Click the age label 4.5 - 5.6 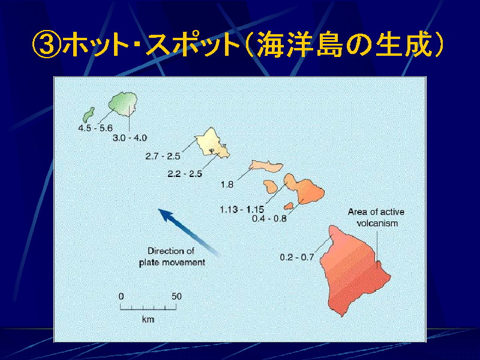click(95, 128)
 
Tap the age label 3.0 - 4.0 click(130, 138)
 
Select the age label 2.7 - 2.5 click(163, 156)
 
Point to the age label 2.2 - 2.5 click(185, 174)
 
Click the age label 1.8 click(227, 185)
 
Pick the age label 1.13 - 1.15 click(242, 209)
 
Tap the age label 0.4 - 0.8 click(269, 218)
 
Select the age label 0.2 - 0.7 click(297, 257)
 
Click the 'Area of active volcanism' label click(376, 217)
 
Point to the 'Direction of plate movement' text click(172, 257)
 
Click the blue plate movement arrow click(188, 232)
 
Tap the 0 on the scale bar click(121, 296)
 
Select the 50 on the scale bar click(176, 296)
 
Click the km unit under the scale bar click(148, 319)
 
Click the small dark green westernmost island click(89, 115)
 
